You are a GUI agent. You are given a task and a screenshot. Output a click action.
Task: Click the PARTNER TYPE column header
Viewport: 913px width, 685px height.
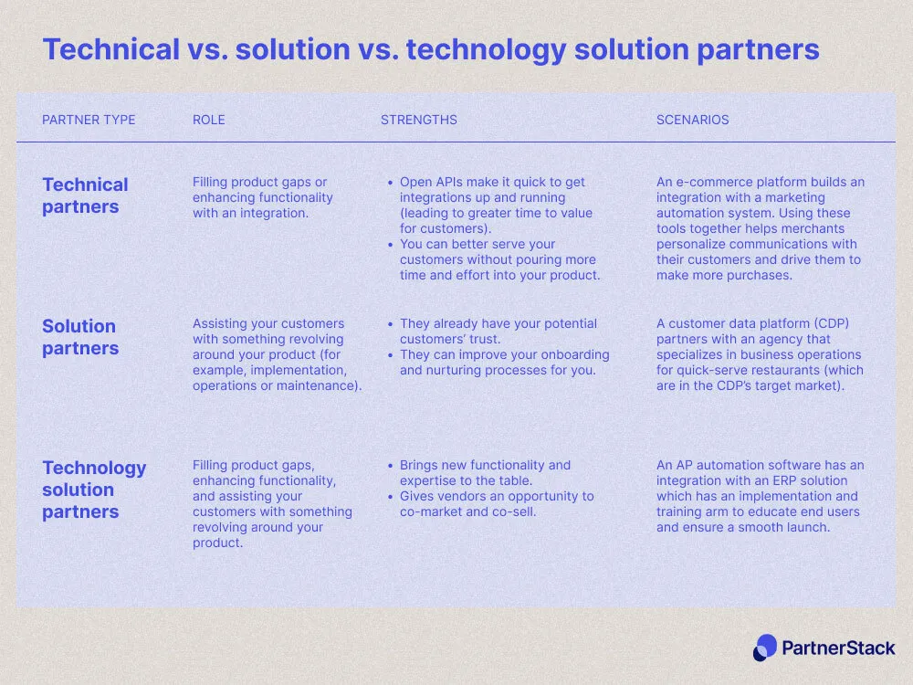[89, 120]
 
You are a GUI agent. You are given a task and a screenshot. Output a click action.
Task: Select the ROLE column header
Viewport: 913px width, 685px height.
[208, 120]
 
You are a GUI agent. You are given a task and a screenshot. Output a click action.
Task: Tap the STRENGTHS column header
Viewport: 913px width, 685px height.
[419, 120]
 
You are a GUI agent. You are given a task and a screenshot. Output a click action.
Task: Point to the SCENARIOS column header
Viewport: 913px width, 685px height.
[693, 120]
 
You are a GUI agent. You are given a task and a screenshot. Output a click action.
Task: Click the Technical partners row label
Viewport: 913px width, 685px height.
[85, 195]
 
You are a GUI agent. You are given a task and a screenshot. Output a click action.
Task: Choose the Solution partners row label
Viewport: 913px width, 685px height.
[79, 337]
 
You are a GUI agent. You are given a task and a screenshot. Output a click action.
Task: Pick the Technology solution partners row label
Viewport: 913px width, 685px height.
[94, 490]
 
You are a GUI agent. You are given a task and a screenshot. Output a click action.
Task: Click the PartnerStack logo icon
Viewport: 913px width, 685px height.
[765, 648]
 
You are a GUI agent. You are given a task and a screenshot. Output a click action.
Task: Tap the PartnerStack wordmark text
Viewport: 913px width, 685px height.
[838, 648]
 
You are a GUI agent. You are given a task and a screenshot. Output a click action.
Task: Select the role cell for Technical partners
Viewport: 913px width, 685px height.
[263, 197]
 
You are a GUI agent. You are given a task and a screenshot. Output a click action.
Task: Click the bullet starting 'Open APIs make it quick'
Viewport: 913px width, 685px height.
[496, 205]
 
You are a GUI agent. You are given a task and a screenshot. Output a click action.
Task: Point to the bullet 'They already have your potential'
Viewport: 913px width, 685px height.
[498, 332]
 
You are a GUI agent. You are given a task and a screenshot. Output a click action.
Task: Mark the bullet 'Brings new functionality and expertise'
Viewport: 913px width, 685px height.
[485, 473]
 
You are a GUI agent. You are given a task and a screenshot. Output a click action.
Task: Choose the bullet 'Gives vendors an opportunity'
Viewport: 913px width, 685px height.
[497, 504]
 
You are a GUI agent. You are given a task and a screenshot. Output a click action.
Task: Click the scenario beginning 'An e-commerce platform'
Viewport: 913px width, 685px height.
[760, 228]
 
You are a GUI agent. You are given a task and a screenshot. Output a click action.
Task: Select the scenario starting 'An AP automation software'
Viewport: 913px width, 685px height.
[760, 496]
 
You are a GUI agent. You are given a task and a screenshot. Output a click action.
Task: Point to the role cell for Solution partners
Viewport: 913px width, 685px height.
[277, 354]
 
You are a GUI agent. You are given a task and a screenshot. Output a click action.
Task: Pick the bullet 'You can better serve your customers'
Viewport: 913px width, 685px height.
[498, 259]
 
